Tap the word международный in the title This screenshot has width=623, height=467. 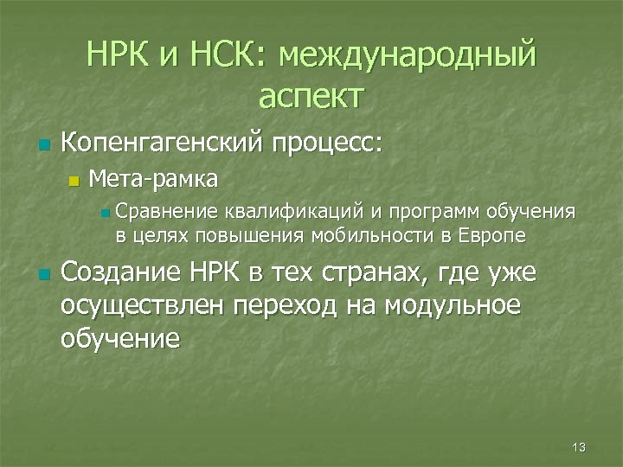click(x=407, y=57)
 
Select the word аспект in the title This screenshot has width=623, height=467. click(x=311, y=97)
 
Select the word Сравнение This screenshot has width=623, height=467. click(x=167, y=211)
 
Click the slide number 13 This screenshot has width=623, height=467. click(x=579, y=447)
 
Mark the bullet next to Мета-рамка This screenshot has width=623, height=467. click(x=73, y=181)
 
